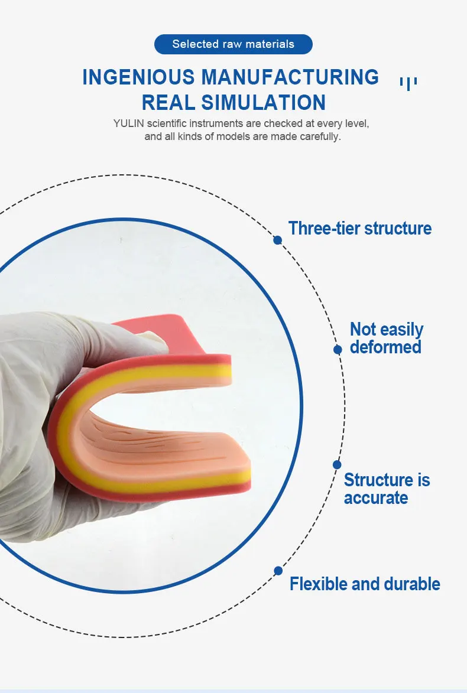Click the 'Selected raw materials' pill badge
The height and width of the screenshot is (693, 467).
[233, 44]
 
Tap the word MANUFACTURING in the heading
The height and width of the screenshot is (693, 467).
[290, 77]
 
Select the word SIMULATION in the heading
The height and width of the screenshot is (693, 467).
[264, 102]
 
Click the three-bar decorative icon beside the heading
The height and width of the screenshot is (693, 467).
[408, 83]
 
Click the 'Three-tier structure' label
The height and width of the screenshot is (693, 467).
[359, 228]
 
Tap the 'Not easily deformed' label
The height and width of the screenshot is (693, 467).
[386, 338]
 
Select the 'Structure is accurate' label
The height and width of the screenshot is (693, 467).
[387, 489]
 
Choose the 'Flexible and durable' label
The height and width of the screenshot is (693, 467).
[365, 584]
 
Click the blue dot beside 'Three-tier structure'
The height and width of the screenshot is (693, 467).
[277, 240]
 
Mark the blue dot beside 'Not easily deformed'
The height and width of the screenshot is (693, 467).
[338, 350]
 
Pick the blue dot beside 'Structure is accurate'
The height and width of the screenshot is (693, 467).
[337, 464]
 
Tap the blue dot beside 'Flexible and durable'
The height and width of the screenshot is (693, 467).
[278, 571]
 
